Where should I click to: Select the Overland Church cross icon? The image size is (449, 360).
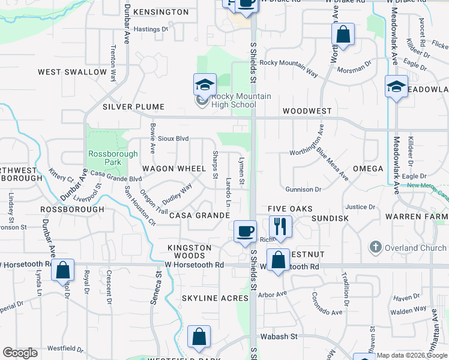pos(375,248)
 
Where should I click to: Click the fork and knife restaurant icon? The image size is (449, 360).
pos(280,226)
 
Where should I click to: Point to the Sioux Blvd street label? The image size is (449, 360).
pos(173,139)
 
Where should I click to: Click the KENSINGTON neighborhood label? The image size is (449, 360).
pos(161,12)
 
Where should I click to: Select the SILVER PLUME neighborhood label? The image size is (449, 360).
pos(133,107)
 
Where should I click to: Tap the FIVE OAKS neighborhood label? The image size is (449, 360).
pos(291,208)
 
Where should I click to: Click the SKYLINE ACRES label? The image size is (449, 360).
pos(215,298)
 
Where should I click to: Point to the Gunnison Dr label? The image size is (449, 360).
pos(303,190)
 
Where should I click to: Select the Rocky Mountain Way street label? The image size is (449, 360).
pos(289,66)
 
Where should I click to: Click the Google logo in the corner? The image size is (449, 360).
pos(20,353)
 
